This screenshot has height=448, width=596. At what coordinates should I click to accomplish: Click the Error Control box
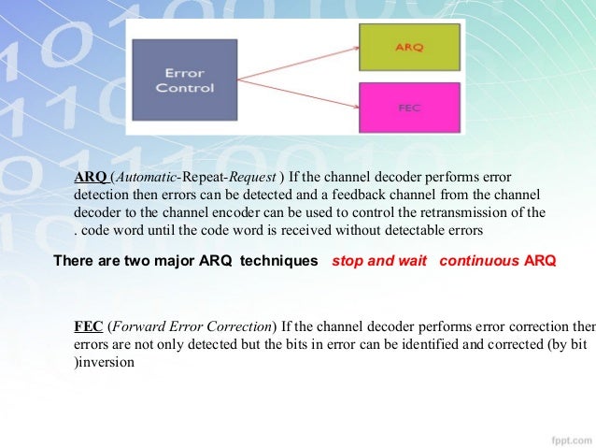point(190,81)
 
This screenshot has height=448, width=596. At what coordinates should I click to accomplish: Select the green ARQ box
point(409,47)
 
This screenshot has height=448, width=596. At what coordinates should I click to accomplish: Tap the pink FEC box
point(409,107)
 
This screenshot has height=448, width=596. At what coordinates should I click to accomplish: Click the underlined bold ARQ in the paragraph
point(91,178)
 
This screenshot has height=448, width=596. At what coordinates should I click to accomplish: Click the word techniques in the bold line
point(278,262)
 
